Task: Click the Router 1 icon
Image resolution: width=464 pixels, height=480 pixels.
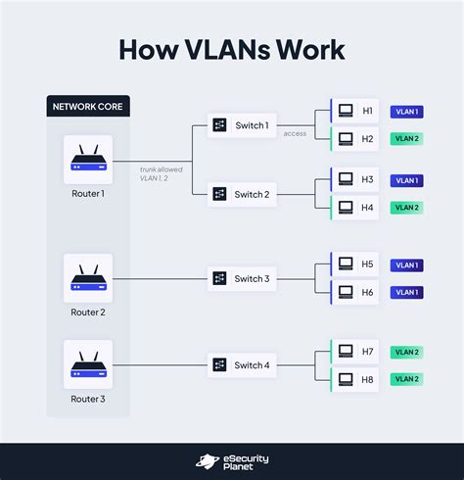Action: tap(88, 160)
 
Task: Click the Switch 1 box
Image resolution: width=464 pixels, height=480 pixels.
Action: tap(240, 125)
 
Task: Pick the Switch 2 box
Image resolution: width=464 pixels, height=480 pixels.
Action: tap(240, 194)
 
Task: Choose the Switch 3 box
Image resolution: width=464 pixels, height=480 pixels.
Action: tap(240, 278)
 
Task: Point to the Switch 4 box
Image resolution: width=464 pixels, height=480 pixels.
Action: tap(240, 364)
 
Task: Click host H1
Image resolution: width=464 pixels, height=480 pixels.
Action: tap(354, 112)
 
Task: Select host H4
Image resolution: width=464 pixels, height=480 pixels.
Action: tap(354, 208)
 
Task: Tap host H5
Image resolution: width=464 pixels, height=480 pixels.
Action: tap(354, 264)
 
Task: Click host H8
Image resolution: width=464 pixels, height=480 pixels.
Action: tap(354, 378)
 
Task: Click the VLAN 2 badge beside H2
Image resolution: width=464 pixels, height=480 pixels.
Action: tap(406, 139)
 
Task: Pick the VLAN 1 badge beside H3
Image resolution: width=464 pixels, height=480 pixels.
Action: tap(406, 180)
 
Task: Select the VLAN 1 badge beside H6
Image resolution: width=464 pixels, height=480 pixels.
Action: tap(406, 292)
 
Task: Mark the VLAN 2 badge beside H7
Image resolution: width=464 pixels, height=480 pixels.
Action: tap(406, 351)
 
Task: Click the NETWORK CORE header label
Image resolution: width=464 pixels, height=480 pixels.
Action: tap(88, 105)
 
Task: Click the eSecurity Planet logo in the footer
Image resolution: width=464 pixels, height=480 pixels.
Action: tap(232, 461)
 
